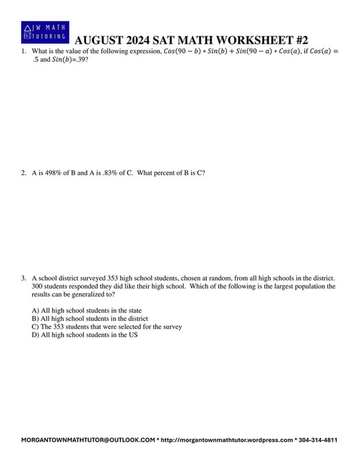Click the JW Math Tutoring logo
pos(45,33)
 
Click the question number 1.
pos(23,52)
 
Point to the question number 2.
pos(23,173)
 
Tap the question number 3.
pos(23,278)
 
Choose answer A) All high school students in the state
pos(87,310)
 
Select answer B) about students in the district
pos(89,318)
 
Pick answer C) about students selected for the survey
pos(107,326)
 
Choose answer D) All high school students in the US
pos(85,335)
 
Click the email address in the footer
pos(88,440)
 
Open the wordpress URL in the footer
pos(227,440)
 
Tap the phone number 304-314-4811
pos(319,440)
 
